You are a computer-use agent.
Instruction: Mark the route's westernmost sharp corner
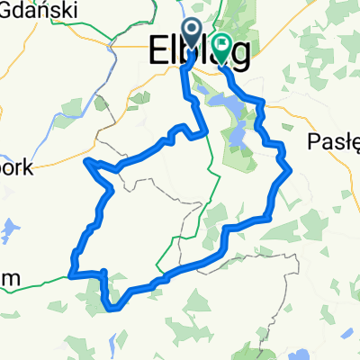[x=85, y=161]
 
